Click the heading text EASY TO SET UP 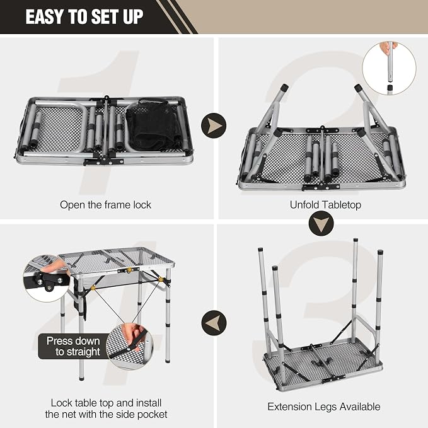point(84,17)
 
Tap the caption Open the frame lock point(105,205)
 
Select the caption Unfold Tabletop point(325,205)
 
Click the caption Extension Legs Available point(324,407)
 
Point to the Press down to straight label point(73,346)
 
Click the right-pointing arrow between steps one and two point(214,125)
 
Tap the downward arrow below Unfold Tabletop point(321,223)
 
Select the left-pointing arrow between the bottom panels point(214,323)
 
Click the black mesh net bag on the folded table point(153,125)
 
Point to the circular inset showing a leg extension point(390,68)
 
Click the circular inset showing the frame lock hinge point(47,278)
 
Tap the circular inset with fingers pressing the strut point(130,346)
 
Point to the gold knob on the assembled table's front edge point(129,270)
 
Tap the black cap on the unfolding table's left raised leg point(284,88)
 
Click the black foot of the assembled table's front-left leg point(81,379)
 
